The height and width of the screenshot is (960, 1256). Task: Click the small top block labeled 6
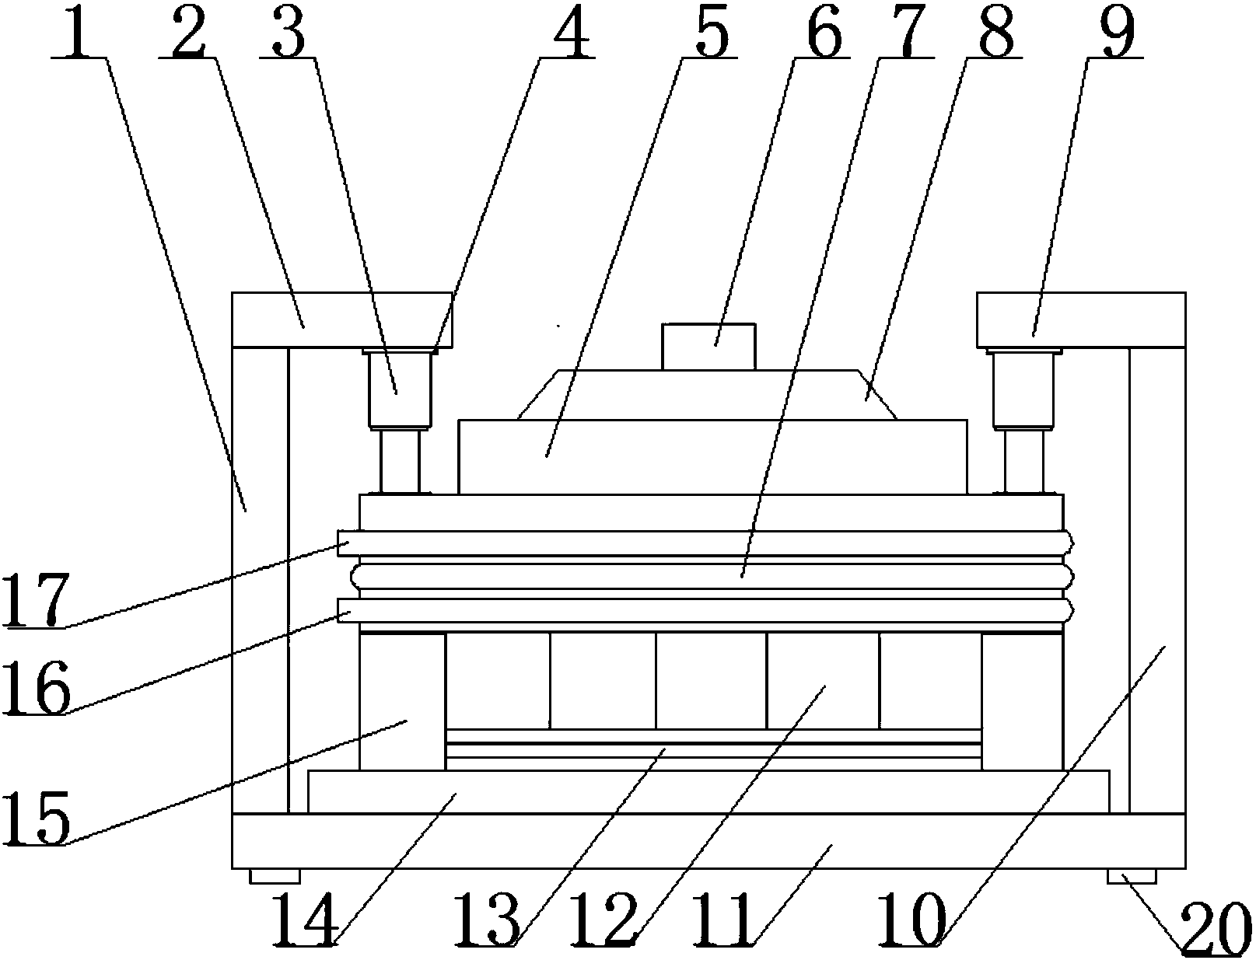[708, 345]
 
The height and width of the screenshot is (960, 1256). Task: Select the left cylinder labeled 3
[400, 388]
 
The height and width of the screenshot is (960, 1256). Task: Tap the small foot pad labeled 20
[1132, 877]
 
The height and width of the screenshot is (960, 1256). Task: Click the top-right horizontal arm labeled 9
[1080, 319]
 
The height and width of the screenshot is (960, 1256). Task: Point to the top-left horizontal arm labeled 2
[341, 319]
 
